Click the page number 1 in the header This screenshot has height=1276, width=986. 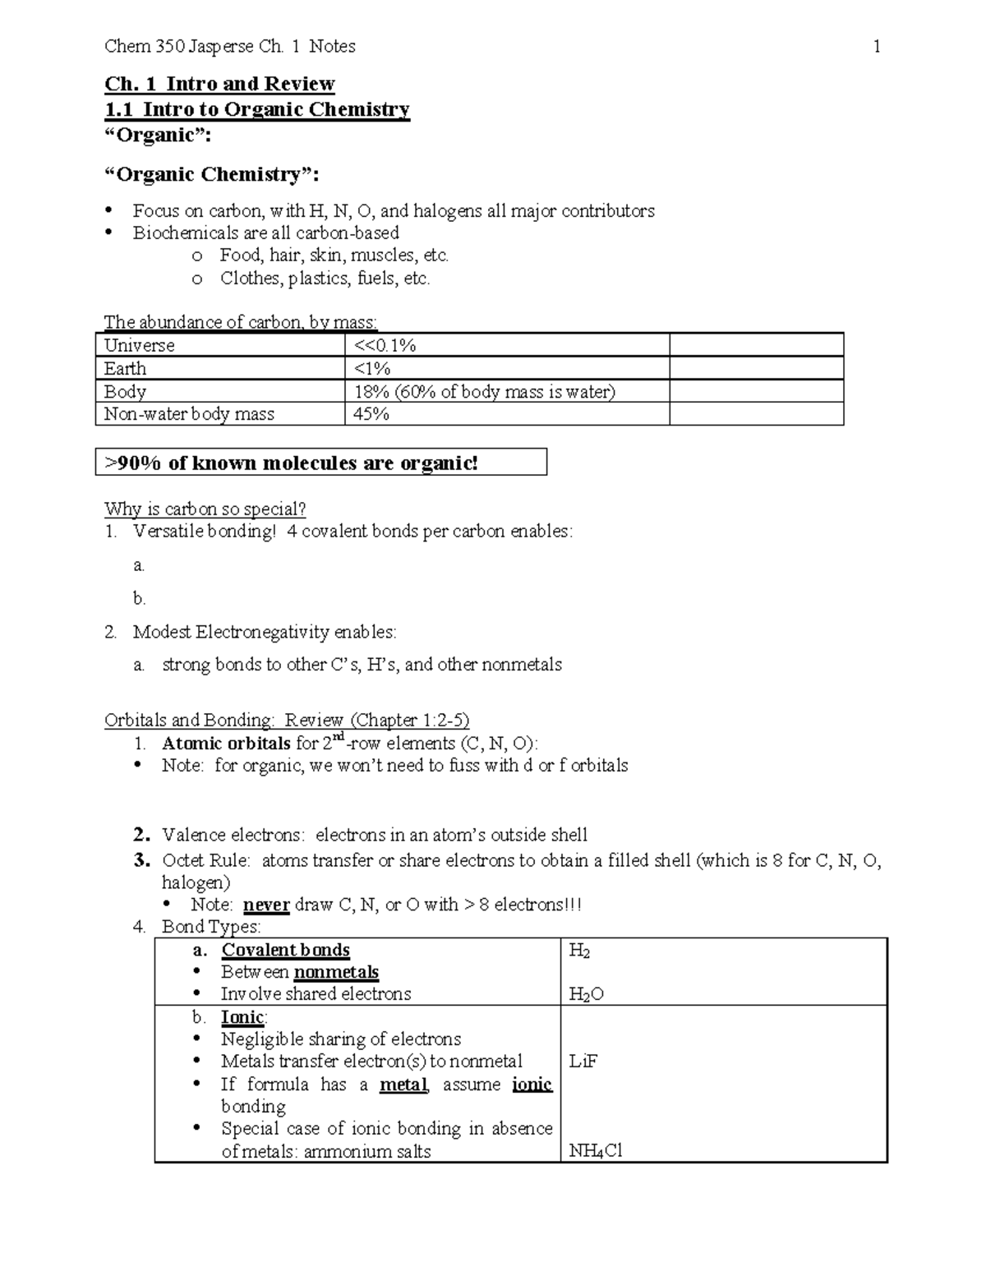pos(877,47)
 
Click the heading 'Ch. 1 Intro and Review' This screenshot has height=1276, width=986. pos(219,84)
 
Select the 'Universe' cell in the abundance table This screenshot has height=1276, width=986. pos(140,345)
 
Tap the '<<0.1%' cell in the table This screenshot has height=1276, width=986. pos(385,345)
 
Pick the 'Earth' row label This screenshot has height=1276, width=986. pos(126,368)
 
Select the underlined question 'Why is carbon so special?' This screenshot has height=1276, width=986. pos(205,509)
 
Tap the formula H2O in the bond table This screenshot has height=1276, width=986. pos(586,994)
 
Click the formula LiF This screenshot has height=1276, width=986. pos(583,1062)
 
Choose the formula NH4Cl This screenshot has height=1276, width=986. pos(596,1151)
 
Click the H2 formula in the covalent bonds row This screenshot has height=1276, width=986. pos(579,951)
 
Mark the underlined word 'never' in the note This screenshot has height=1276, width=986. pos(266,905)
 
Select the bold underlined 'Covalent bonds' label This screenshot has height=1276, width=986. pos(285,950)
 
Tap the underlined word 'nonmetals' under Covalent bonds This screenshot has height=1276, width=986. pos(336,972)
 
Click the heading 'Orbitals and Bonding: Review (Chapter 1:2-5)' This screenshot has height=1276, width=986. pos(287,720)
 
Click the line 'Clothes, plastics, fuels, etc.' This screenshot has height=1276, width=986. pos(325,279)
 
